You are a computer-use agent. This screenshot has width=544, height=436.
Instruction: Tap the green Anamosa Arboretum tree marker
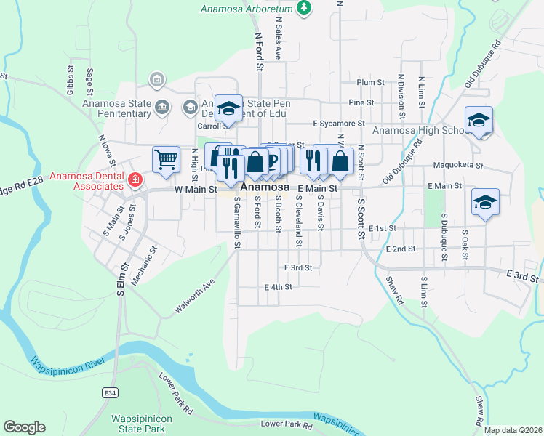[305, 9]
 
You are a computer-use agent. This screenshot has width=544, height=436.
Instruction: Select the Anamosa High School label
[418, 131]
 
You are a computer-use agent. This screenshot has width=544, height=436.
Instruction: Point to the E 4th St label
[278, 287]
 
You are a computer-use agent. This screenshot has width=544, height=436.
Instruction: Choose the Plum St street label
[370, 83]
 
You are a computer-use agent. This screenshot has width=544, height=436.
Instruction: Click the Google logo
[24, 427]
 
